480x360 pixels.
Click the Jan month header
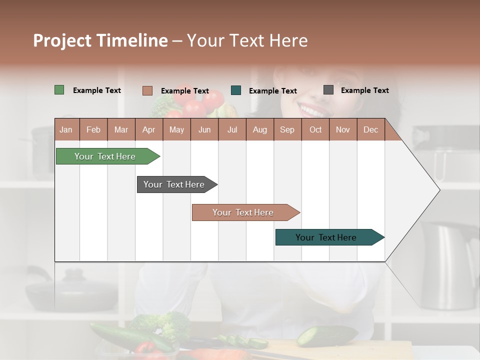tap(66, 129)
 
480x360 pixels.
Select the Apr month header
tap(148, 129)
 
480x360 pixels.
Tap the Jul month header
tap(232, 129)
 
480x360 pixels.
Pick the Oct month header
tap(315, 129)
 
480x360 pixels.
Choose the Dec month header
tap(370, 129)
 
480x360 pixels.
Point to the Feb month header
tap(93, 129)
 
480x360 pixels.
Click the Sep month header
tap(287, 129)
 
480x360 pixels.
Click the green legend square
tap(59, 90)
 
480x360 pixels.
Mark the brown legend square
tap(147, 90)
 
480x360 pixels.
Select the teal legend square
tap(236, 90)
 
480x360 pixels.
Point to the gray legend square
tap(328, 90)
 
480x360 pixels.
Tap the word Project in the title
tap(62, 40)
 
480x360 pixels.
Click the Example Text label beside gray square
tap(364, 90)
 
